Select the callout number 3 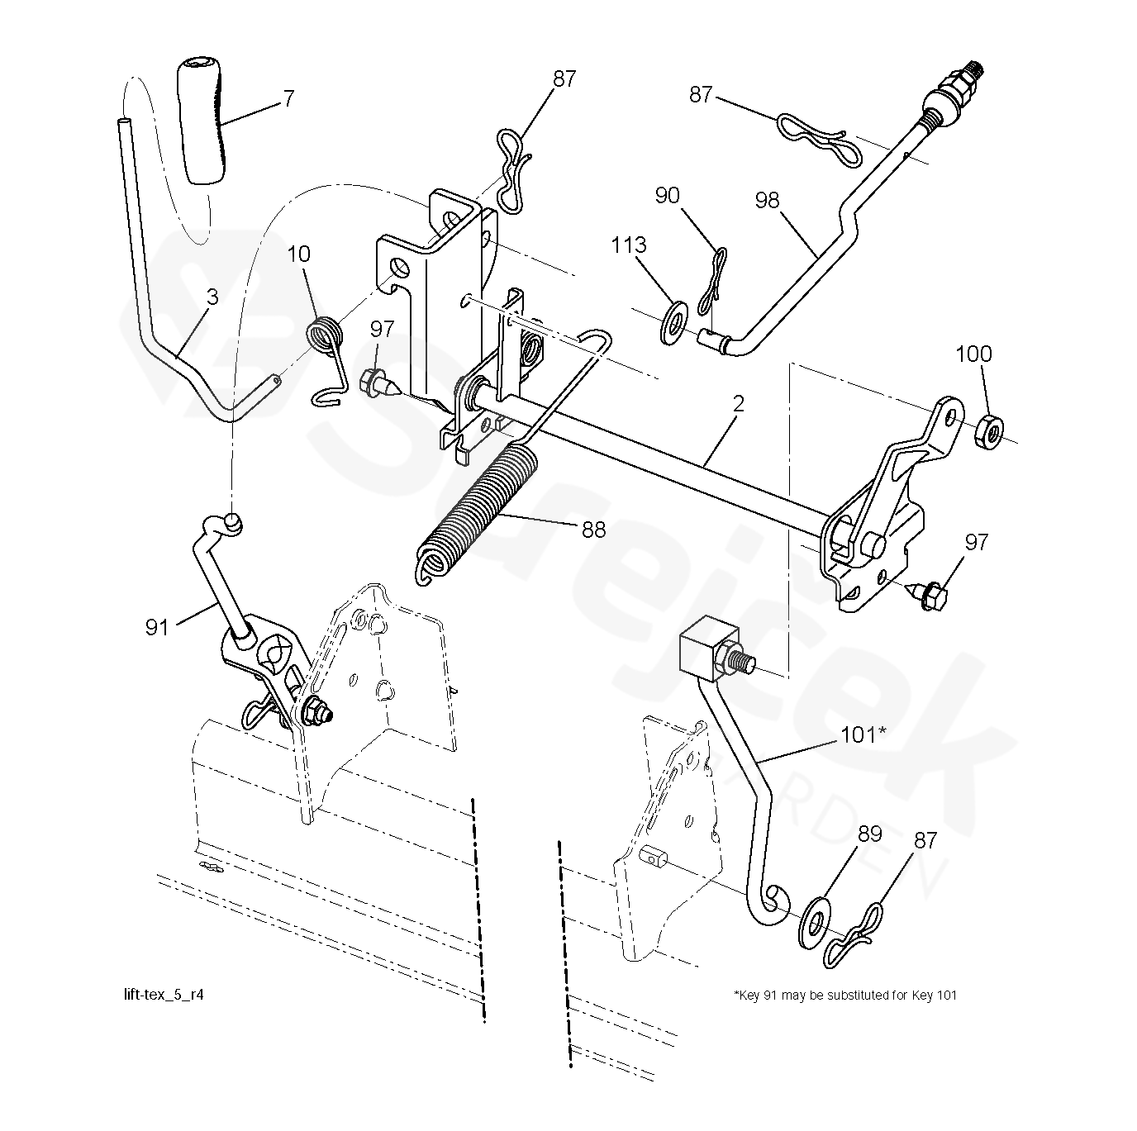pyautogui.click(x=212, y=297)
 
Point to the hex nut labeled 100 pyautogui.click(x=989, y=430)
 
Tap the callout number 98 pyautogui.click(x=768, y=200)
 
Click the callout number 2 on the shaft pyautogui.click(x=738, y=404)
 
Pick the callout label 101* pyautogui.click(x=863, y=733)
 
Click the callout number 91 pyautogui.click(x=157, y=627)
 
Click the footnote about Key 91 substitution pyautogui.click(x=844, y=995)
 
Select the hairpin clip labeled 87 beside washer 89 pyautogui.click(x=855, y=938)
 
